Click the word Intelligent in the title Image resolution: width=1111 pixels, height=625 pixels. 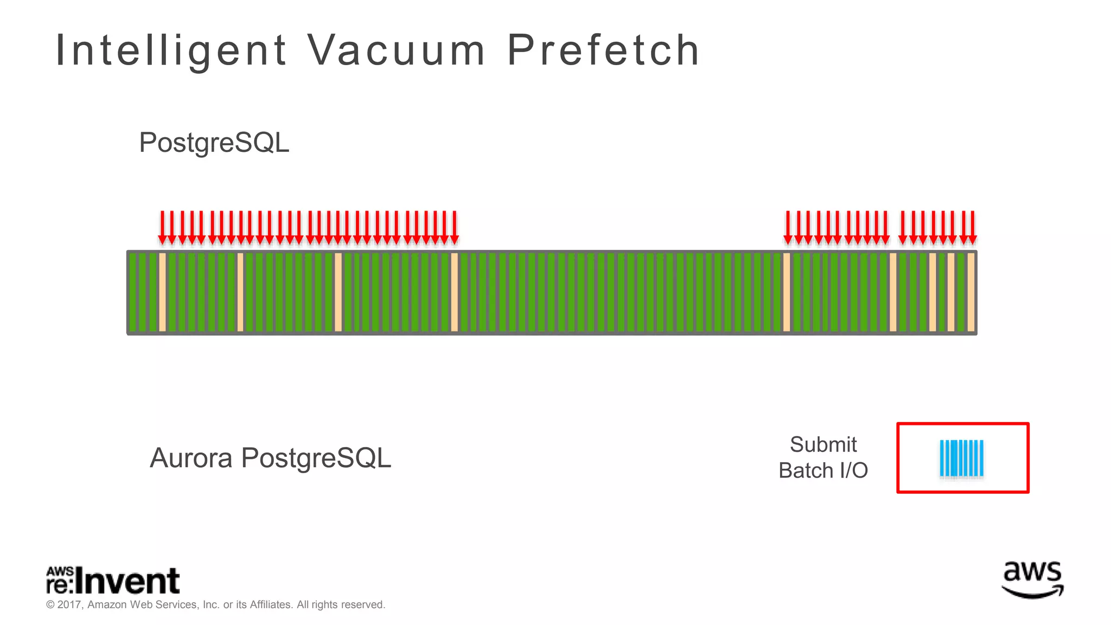tap(171, 50)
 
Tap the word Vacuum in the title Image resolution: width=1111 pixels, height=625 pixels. tap(396, 50)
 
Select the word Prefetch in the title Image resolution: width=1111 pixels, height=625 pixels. tap(603, 50)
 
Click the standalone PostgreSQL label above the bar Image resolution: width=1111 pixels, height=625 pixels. tap(214, 143)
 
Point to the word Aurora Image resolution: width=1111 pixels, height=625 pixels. tap(191, 458)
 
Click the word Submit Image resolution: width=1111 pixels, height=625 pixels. tap(823, 445)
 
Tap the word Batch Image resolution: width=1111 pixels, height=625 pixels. tap(805, 470)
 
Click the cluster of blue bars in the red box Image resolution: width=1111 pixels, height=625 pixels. tap(961, 458)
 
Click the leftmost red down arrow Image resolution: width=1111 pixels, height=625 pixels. tap(162, 228)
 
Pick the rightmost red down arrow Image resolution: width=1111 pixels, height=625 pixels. tap(972, 228)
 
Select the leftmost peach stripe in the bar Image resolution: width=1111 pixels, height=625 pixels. tap(162, 292)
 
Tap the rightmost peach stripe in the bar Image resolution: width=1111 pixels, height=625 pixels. tap(971, 292)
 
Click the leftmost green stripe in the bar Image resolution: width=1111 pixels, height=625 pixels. tap(133, 292)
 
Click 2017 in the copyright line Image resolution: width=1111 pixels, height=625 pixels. tap(69, 604)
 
